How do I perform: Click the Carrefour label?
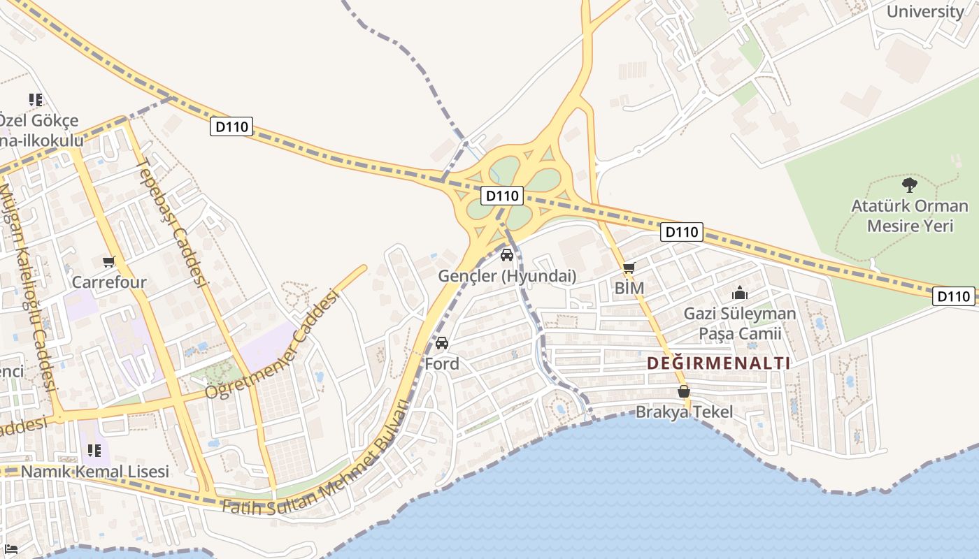click(x=109, y=282)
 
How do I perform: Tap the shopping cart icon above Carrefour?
click(x=108, y=262)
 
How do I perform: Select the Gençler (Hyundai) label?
click(x=507, y=276)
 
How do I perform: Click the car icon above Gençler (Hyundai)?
click(x=507, y=255)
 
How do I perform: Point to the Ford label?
click(x=442, y=363)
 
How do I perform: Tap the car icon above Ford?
click(x=442, y=343)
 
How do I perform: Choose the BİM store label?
click(x=629, y=288)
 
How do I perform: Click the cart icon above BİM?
click(x=629, y=268)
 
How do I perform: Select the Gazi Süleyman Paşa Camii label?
click(x=740, y=324)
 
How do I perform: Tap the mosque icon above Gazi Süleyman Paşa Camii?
click(x=740, y=293)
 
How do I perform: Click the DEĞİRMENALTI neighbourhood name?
click(x=718, y=363)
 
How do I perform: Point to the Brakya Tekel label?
click(x=684, y=412)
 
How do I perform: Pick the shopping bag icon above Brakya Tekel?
click(x=684, y=392)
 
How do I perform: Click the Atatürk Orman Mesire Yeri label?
click(x=910, y=216)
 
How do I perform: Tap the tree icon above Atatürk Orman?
click(x=910, y=185)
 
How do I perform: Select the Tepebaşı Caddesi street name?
click(x=172, y=223)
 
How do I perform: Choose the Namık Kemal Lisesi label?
click(x=95, y=472)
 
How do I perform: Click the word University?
click(x=924, y=11)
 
